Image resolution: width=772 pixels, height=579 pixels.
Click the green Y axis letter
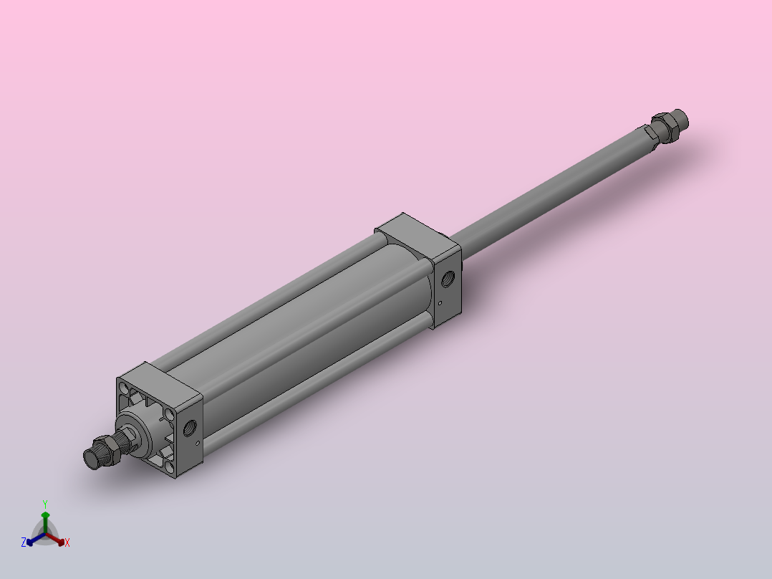[45, 504]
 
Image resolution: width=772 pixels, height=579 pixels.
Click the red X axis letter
[67, 542]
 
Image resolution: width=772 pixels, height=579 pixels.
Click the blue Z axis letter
[23, 542]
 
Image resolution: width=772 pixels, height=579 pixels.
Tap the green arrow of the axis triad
[45, 522]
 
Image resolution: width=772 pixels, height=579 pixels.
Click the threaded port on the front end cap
[190, 427]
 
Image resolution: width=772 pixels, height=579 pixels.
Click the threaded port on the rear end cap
[448, 279]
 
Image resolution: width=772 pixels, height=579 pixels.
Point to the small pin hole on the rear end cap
[440, 303]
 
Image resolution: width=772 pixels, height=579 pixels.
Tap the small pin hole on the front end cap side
[198, 443]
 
